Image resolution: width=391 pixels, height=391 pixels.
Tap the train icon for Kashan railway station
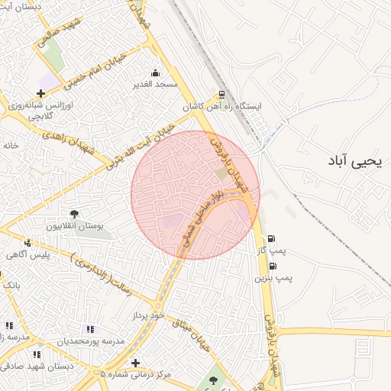(221, 95)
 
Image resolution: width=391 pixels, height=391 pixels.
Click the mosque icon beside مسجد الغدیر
(156, 73)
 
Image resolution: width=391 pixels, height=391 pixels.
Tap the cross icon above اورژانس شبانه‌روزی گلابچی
(40, 93)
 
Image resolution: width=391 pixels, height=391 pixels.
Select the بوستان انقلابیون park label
(74, 227)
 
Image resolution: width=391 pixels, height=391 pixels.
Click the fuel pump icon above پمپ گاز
(272, 238)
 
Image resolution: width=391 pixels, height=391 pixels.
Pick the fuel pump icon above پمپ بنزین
(273, 266)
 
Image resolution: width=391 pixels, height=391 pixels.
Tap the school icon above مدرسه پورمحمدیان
(90, 329)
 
